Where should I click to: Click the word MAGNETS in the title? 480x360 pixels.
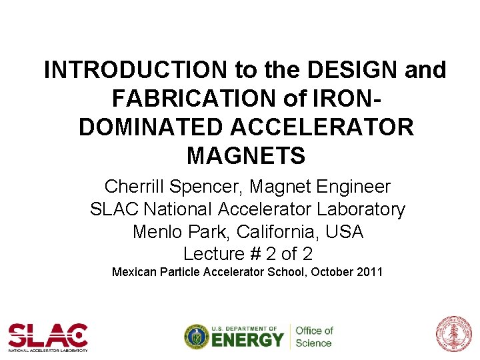point(246,155)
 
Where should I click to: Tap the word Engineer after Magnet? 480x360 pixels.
point(349,187)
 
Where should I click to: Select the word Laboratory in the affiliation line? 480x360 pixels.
point(361,209)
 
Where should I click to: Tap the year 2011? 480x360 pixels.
point(369,272)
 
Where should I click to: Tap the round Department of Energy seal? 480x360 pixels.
point(197,337)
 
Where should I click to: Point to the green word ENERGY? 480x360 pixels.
point(248,340)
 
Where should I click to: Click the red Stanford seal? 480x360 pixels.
point(453,335)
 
